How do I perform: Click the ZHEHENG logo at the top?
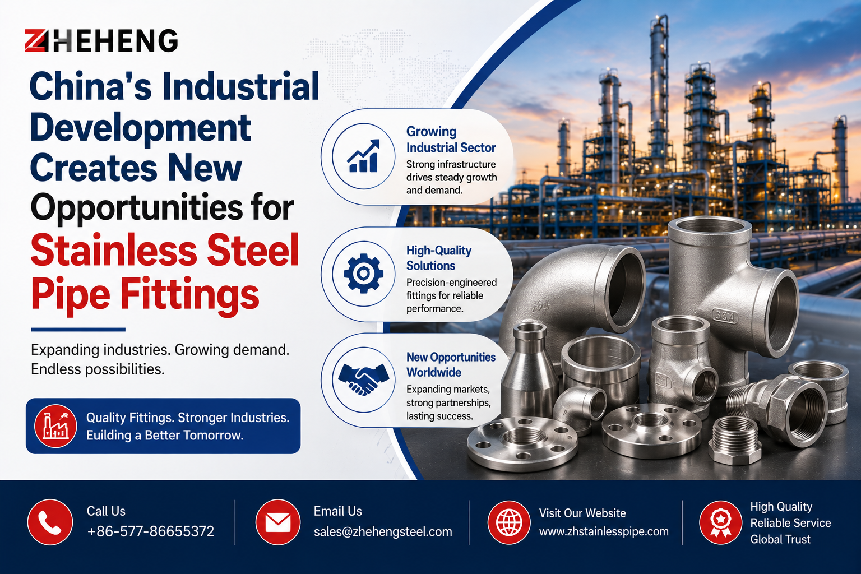pos(101,40)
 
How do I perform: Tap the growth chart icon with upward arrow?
pos(363,156)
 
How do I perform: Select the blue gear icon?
pos(363,274)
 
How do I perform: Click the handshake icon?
pos(363,379)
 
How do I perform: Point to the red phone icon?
pos(50,522)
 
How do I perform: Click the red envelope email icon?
pos(277,522)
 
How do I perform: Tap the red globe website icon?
pos(509,522)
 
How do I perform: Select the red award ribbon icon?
pos(721,522)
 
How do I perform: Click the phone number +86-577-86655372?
pos(150,531)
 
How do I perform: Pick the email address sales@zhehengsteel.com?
pos(383,532)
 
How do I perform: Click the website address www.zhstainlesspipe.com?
pos(604,532)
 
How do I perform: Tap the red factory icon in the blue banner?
pos(55,426)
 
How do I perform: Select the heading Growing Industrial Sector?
pos(451,139)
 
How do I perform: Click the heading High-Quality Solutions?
pos(439,258)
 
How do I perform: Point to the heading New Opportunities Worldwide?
pos(451,364)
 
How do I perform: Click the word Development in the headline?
pos(140,129)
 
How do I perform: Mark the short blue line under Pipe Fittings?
pos(78,330)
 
